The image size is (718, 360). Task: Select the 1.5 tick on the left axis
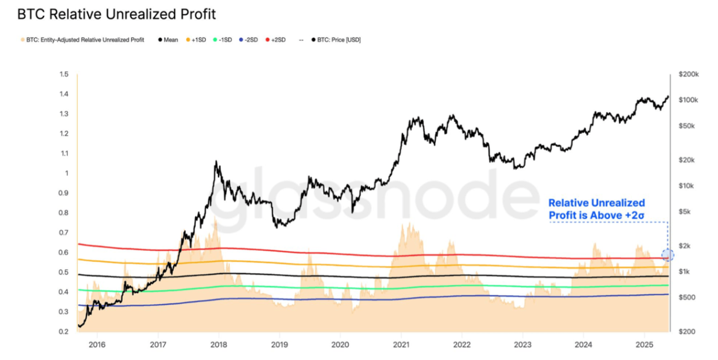[63, 75]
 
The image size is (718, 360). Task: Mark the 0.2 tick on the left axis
[63, 331]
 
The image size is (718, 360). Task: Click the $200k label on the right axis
[688, 75]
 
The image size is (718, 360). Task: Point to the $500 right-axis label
[687, 297]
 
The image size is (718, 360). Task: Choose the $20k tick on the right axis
[687, 160]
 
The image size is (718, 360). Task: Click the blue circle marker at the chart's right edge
[667, 255]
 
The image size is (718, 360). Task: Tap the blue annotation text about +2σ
[596, 210]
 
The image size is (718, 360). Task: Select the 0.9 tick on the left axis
[63, 193]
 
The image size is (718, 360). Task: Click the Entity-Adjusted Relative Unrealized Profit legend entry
[82, 40]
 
